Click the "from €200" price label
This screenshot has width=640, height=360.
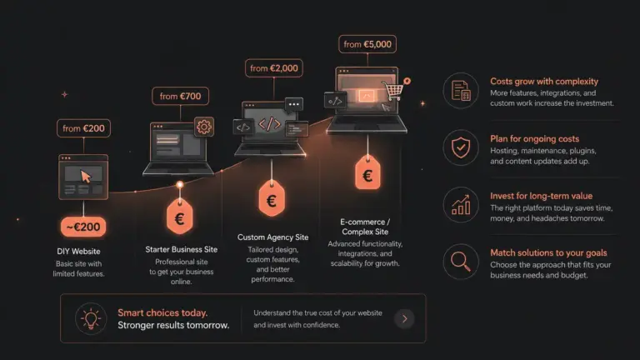[x=83, y=128]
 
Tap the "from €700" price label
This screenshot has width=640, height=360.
[x=180, y=96]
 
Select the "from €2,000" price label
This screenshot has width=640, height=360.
[x=274, y=68]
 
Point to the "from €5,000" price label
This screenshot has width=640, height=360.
[x=367, y=44]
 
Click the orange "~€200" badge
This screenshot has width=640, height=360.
[x=83, y=227]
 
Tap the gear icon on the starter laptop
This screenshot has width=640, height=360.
[x=204, y=127]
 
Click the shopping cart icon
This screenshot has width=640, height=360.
[x=392, y=90]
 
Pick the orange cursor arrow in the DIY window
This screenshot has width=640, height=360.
[x=86, y=177]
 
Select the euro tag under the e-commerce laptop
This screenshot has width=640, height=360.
[x=367, y=173]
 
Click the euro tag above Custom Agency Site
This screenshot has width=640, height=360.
[x=272, y=199]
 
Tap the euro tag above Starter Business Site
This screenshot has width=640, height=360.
[x=180, y=217]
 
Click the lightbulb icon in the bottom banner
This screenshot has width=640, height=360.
[x=91, y=319]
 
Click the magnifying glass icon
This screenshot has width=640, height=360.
[x=461, y=262]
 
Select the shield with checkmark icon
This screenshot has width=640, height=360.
[x=461, y=147]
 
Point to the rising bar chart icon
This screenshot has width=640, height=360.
[x=461, y=205]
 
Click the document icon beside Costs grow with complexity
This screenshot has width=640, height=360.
[x=461, y=91]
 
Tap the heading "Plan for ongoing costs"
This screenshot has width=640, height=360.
[x=535, y=139]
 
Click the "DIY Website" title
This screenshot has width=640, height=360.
[x=78, y=252]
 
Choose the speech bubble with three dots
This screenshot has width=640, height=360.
[x=294, y=105]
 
